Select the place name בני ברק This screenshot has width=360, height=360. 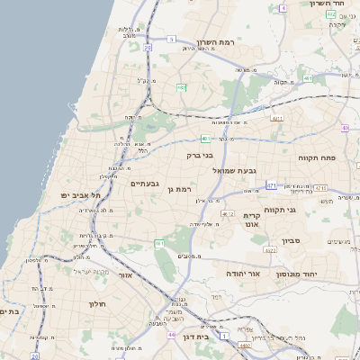click(200, 155)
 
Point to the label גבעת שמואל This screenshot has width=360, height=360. click(261, 170)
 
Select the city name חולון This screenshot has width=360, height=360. click(97, 303)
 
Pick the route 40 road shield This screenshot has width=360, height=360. click(346, 128)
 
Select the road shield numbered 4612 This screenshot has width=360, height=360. click(227, 213)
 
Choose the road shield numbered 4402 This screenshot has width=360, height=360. click(244, 345)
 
